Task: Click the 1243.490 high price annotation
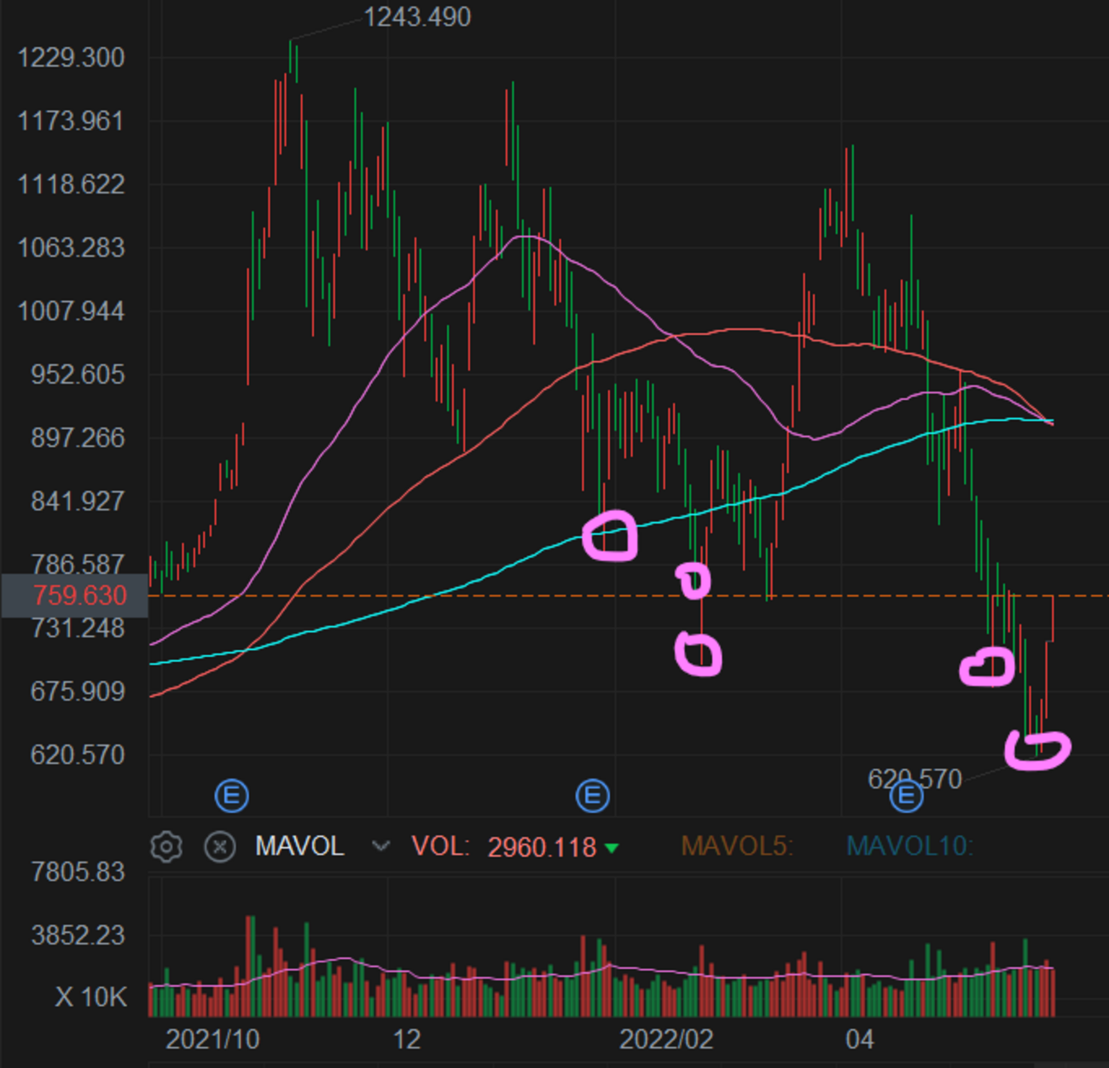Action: (x=416, y=17)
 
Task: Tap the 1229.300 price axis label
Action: (x=71, y=58)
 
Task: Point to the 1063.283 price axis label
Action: (x=71, y=248)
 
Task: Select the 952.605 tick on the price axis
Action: (x=77, y=374)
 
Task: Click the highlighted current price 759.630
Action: (x=79, y=595)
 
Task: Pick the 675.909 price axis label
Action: (x=77, y=691)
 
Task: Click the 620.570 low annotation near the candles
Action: (x=914, y=779)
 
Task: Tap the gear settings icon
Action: (x=166, y=847)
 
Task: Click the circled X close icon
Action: (x=220, y=847)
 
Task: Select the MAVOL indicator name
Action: (x=299, y=846)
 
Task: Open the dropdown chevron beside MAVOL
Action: (x=381, y=846)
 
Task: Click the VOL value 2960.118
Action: (x=542, y=847)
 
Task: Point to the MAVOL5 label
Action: (x=736, y=846)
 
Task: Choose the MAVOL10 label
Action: (x=909, y=846)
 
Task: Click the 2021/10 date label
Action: (x=212, y=1040)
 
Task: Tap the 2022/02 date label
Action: (x=665, y=1040)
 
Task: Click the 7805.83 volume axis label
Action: (x=77, y=872)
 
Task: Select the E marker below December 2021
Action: (x=593, y=796)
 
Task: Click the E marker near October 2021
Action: (x=231, y=796)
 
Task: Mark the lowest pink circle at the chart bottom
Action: (x=1037, y=750)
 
